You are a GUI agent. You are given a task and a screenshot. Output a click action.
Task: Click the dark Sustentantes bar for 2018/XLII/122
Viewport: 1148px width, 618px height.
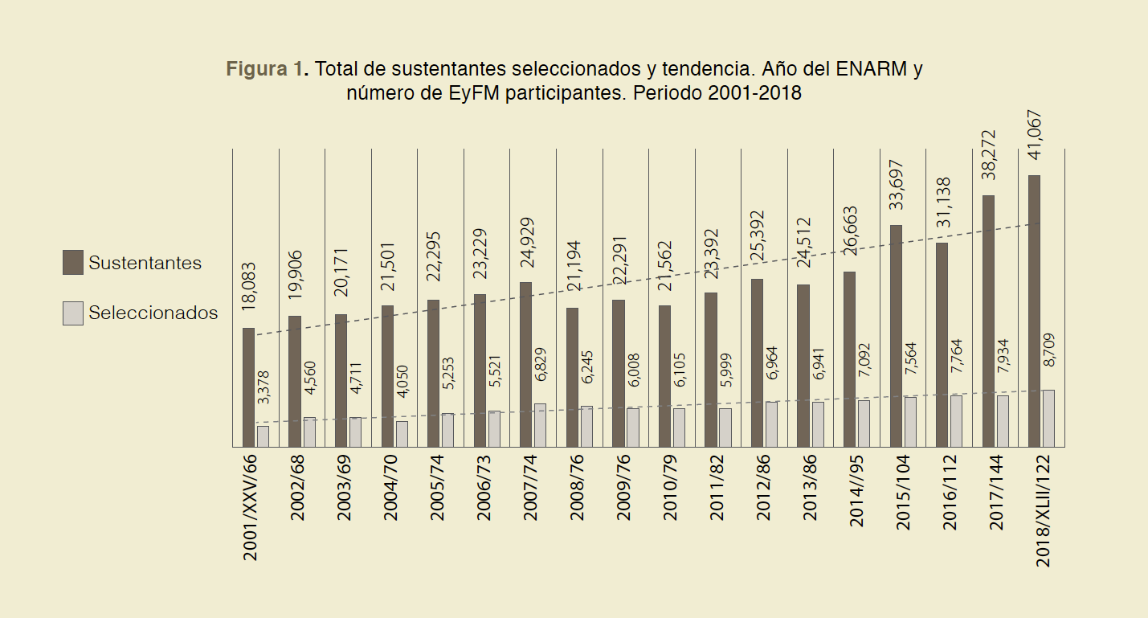pyautogui.click(x=1034, y=310)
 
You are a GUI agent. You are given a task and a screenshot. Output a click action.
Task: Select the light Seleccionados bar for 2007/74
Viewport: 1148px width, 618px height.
pyautogui.click(x=540, y=425)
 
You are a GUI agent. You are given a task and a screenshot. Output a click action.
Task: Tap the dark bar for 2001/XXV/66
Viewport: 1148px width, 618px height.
pyautogui.click(x=248, y=387)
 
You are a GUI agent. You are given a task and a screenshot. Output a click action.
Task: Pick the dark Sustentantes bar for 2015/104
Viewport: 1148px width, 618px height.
pyautogui.click(x=896, y=335)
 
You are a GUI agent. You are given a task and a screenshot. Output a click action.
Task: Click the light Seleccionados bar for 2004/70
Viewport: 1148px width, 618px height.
pyautogui.click(x=402, y=434)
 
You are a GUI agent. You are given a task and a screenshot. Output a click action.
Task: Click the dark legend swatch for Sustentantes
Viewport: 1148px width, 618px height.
pyautogui.click(x=72, y=263)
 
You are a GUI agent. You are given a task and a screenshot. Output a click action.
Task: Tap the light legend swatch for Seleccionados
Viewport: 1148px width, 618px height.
pyautogui.click(x=72, y=313)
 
